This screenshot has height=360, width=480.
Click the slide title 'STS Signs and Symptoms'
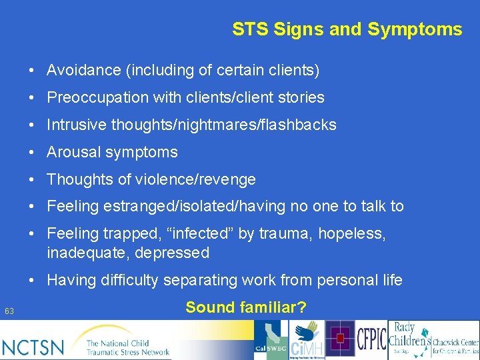click(347, 29)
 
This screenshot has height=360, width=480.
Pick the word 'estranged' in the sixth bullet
click(136, 207)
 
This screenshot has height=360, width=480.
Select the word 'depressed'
click(175, 253)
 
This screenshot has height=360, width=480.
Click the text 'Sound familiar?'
click(246, 307)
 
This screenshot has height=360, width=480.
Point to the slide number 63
click(9, 311)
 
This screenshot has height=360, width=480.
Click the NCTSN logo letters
click(33, 347)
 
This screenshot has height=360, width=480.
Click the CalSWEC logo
click(272, 340)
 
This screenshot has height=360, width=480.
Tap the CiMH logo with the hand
click(307, 340)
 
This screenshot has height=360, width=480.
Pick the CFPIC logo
click(371, 340)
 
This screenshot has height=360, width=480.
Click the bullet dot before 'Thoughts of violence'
click(32, 179)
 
